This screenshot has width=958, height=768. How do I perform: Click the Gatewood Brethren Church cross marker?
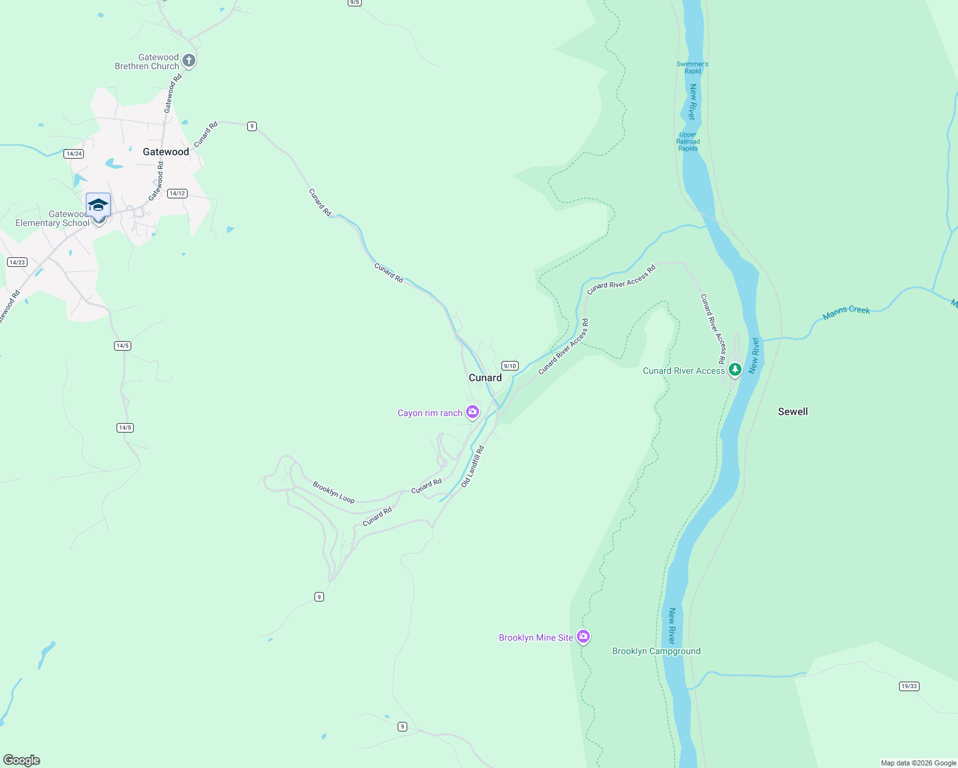pos(188,61)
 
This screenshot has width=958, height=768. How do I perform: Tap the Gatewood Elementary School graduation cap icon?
pos(98,205)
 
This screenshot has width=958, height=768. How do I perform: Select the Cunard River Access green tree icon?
pos(735,369)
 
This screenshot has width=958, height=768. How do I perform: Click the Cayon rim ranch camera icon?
pos(473,412)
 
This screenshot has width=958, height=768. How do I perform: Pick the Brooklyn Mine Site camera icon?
pos(583,637)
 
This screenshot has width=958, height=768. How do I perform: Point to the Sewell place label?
pos(793,412)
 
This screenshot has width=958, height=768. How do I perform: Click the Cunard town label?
pos(485,378)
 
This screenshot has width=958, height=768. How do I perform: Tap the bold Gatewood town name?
pos(166,152)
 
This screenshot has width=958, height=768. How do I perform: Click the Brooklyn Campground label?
pos(656,651)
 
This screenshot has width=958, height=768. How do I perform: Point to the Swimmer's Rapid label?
pos(692,67)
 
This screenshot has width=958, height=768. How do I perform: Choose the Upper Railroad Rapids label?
pos(688,141)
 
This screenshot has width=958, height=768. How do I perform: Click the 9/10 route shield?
pos(510,366)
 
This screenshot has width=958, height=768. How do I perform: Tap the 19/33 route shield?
pos(909,686)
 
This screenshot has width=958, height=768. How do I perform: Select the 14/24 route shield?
pos(74,154)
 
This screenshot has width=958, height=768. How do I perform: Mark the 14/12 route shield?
pos(177,193)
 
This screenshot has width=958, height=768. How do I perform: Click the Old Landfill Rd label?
pos(473,467)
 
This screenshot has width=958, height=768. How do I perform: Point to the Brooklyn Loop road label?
pos(334,492)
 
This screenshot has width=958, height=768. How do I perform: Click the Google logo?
pos(22,760)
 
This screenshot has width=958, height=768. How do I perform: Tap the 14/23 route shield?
pos(17,262)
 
